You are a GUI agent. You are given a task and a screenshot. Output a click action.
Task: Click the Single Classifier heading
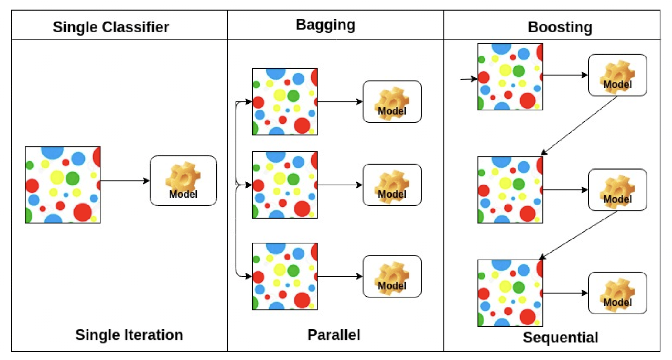[111, 27]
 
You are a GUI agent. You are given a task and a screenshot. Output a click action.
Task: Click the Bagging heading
[325, 25]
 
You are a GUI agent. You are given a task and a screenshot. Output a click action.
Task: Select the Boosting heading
[560, 27]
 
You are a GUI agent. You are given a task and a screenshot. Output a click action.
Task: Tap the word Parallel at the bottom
[334, 335]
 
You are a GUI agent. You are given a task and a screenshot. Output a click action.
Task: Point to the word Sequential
[560, 337]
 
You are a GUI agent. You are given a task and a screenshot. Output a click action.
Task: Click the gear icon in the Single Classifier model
[183, 177]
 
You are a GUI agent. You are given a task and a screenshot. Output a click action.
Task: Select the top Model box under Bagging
[392, 102]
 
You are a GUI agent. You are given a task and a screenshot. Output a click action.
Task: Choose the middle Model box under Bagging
[392, 185]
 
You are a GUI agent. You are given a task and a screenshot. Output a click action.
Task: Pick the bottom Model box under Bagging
[392, 276]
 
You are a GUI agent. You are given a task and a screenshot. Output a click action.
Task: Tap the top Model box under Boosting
[617, 75]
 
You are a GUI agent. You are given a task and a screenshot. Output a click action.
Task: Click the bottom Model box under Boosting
[617, 293]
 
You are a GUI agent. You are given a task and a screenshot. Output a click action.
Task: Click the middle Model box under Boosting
[617, 190]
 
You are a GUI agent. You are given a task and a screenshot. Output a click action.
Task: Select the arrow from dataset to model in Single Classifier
[125, 181]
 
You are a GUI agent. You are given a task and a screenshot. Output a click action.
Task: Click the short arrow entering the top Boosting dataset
[469, 79]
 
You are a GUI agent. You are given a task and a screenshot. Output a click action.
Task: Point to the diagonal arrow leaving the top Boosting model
[579, 126]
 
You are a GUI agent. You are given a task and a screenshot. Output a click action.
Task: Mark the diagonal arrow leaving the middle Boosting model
[579, 235]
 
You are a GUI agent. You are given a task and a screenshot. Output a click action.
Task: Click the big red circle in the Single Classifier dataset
[83, 212]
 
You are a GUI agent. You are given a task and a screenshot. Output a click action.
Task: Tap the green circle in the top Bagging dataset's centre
[293, 96]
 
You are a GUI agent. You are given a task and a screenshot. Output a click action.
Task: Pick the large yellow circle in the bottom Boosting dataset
[505, 287]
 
